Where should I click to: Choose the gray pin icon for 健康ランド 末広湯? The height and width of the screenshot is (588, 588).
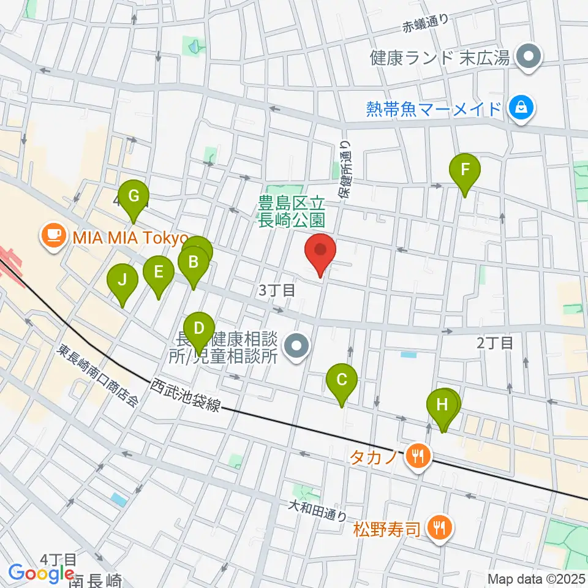pyautogui.click(x=526, y=58)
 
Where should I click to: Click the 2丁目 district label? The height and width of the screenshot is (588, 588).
pyautogui.click(x=495, y=343)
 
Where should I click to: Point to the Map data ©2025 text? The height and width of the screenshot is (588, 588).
pyautogui.click(x=537, y=578)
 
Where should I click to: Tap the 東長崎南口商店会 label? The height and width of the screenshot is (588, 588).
pyautogui.click(x=98, y=376)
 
